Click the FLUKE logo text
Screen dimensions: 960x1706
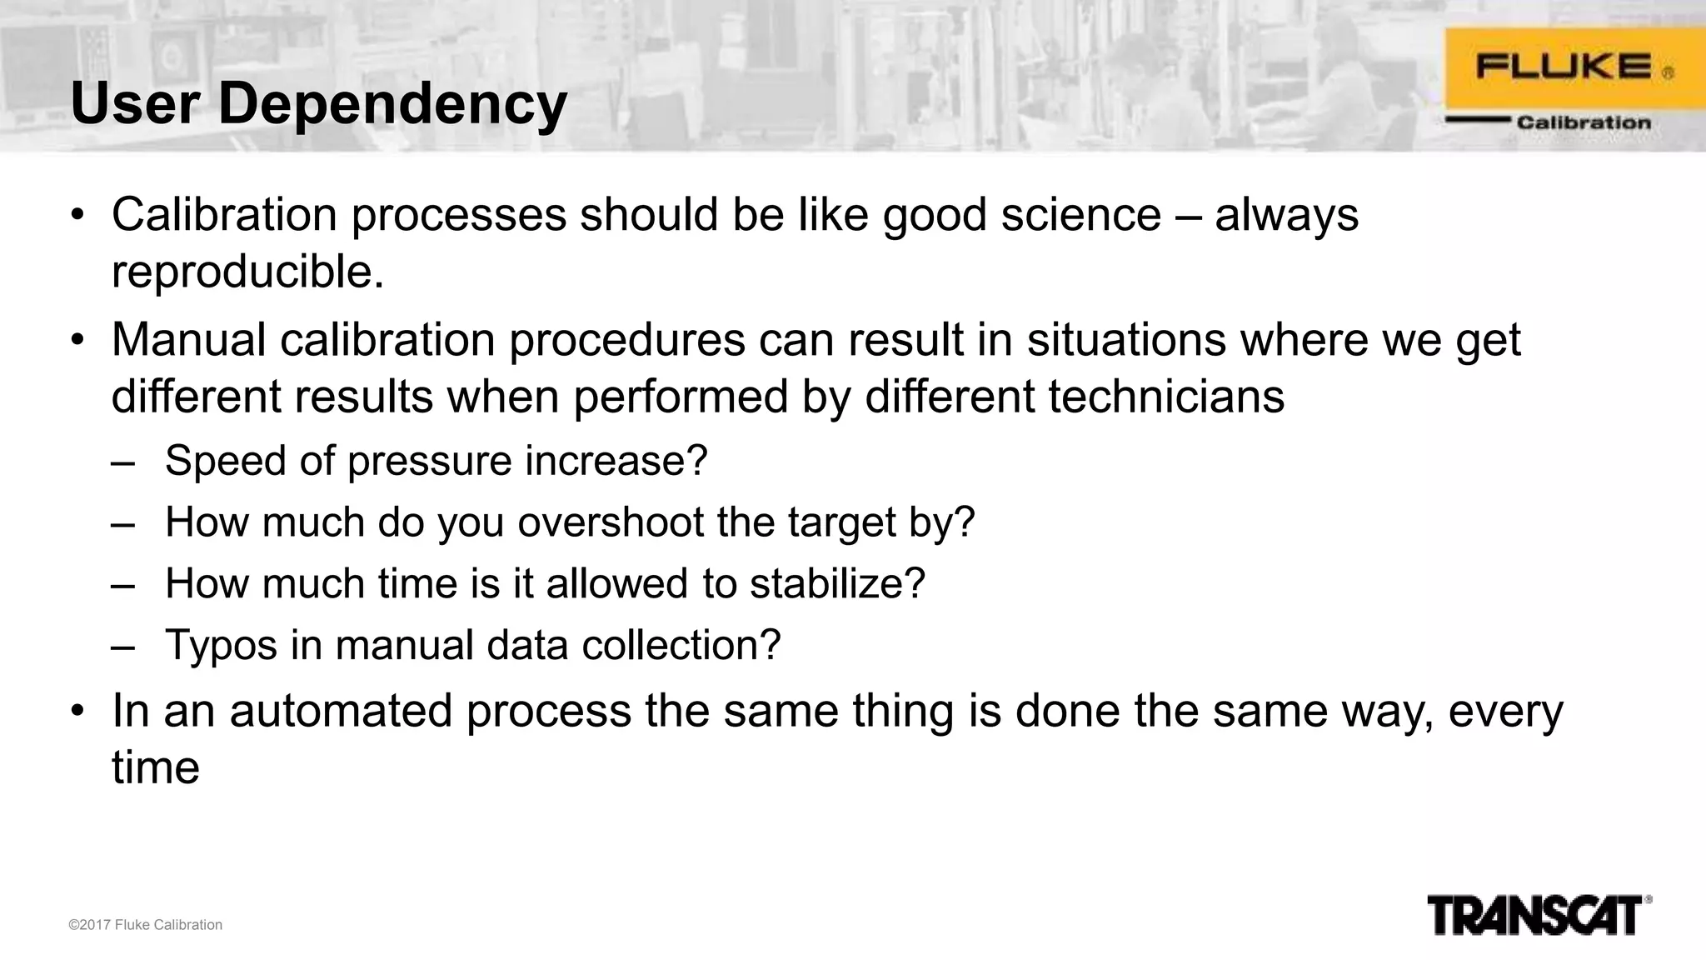pyautogui.click(x=1563, y=66)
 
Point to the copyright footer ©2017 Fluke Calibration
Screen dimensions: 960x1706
pyautogui.click(x=145, y=925)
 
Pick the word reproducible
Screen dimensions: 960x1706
pyautogui.click(x=247, y=272)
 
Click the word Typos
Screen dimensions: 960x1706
pyautogui.click(x=221, y=646)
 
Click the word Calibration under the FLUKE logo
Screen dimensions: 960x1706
pyautogui.click(x=1583, y=122)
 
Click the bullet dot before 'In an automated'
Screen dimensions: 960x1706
pyautogui.click(x=77, y=711)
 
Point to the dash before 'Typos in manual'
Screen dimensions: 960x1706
pyautogui.click(x=122, y=646)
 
